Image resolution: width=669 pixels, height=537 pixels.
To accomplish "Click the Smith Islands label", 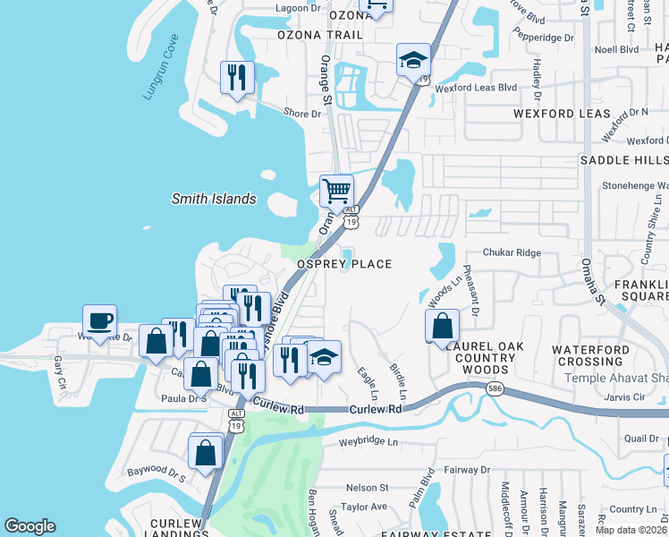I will [214, 200].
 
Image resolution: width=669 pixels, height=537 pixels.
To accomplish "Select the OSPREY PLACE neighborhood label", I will [344, 264].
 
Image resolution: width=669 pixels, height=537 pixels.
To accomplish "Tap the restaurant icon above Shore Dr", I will [237, 77].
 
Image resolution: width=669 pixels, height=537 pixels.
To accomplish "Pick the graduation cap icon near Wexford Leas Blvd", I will [413, 61].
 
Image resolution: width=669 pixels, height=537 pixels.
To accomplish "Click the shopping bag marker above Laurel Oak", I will [442, 327].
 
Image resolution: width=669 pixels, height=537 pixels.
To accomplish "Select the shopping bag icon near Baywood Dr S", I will [206, 452].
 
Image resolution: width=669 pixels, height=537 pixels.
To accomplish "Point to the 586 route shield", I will [494, 389].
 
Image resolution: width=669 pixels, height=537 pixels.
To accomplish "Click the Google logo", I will [30, 526].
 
